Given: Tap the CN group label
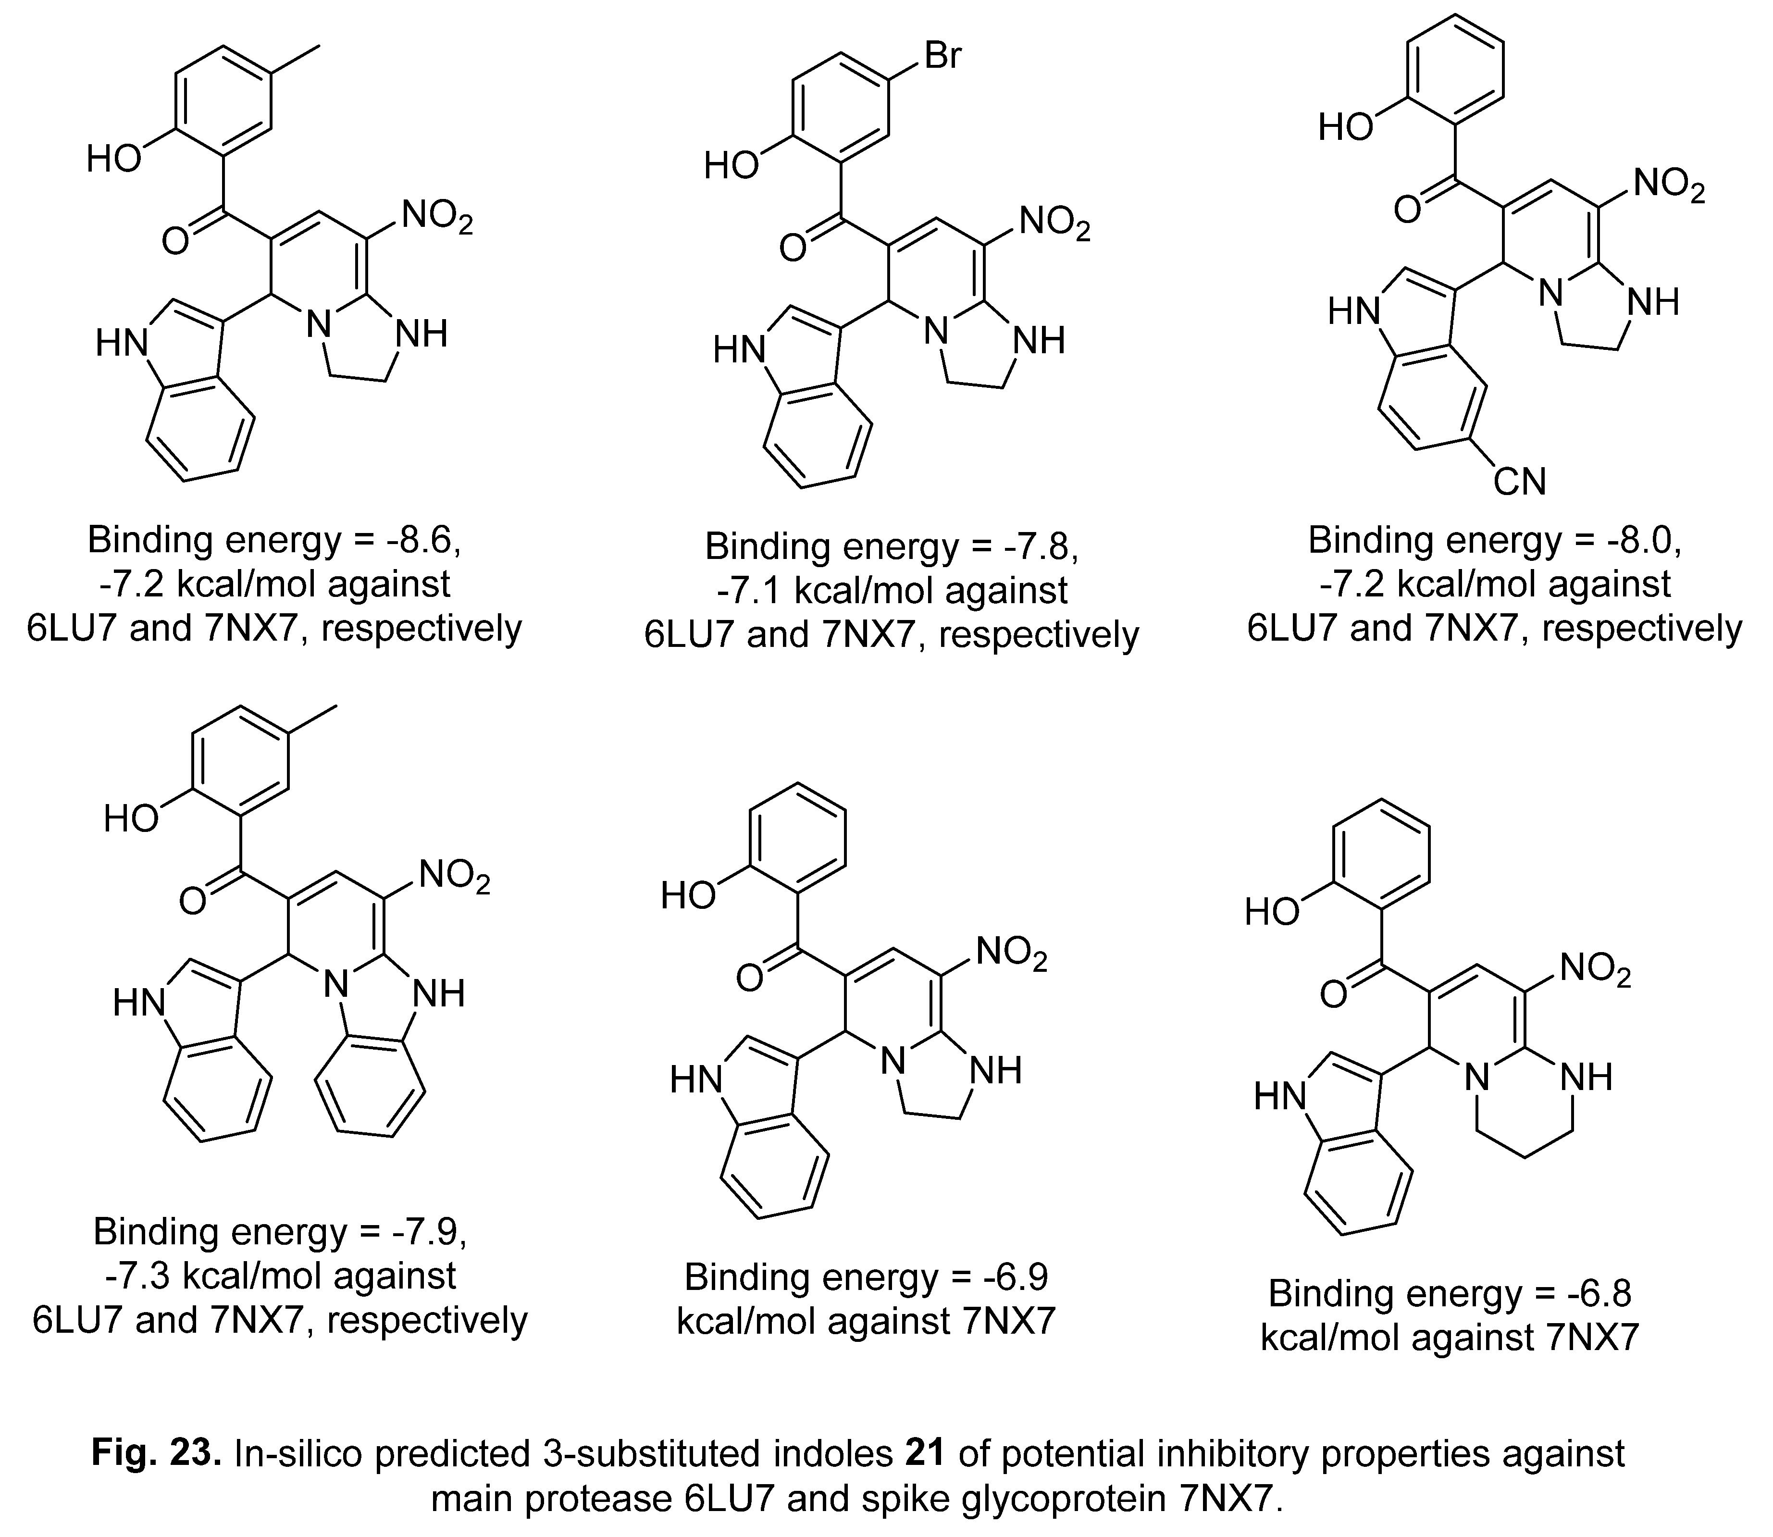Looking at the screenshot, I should (1519, 482).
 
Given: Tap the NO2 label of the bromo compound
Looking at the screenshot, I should (1054, 225).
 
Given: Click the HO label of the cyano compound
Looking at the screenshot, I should (1346, 127).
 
